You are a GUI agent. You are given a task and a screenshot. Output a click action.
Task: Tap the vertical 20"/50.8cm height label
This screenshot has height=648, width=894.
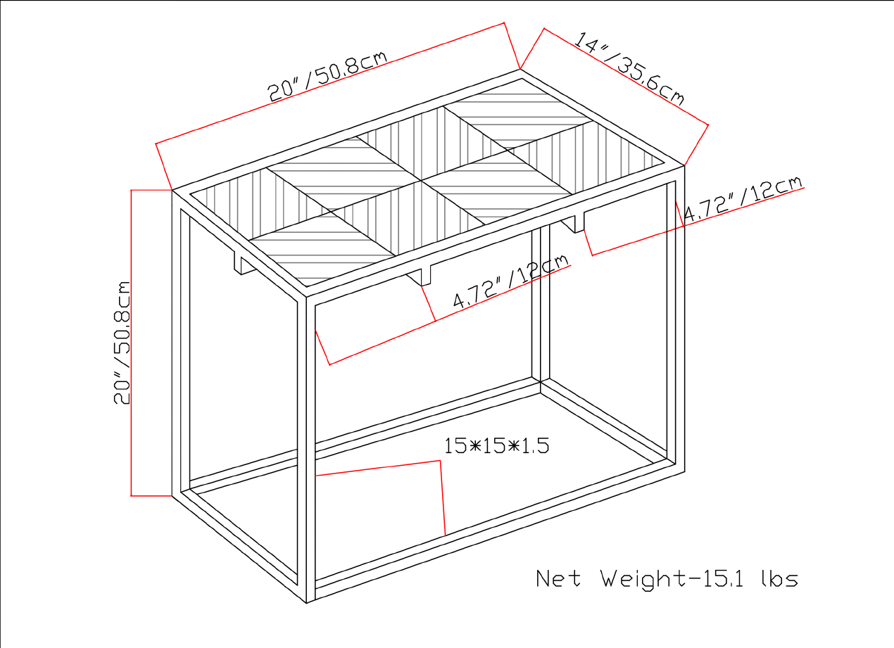123,343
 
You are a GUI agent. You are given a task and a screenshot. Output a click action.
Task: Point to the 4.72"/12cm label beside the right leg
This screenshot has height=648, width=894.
743,201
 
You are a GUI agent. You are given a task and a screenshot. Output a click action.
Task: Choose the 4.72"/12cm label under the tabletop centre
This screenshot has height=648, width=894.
510,282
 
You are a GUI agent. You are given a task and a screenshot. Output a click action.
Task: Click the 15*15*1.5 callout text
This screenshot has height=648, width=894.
496,445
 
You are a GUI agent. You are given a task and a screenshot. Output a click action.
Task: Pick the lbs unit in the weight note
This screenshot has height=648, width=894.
779,578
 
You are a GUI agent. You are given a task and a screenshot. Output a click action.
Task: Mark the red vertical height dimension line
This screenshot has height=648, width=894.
132,343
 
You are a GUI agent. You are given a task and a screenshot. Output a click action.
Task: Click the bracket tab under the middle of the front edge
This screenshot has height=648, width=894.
424,275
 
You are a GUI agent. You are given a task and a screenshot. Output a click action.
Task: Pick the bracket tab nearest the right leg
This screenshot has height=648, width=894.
578,222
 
